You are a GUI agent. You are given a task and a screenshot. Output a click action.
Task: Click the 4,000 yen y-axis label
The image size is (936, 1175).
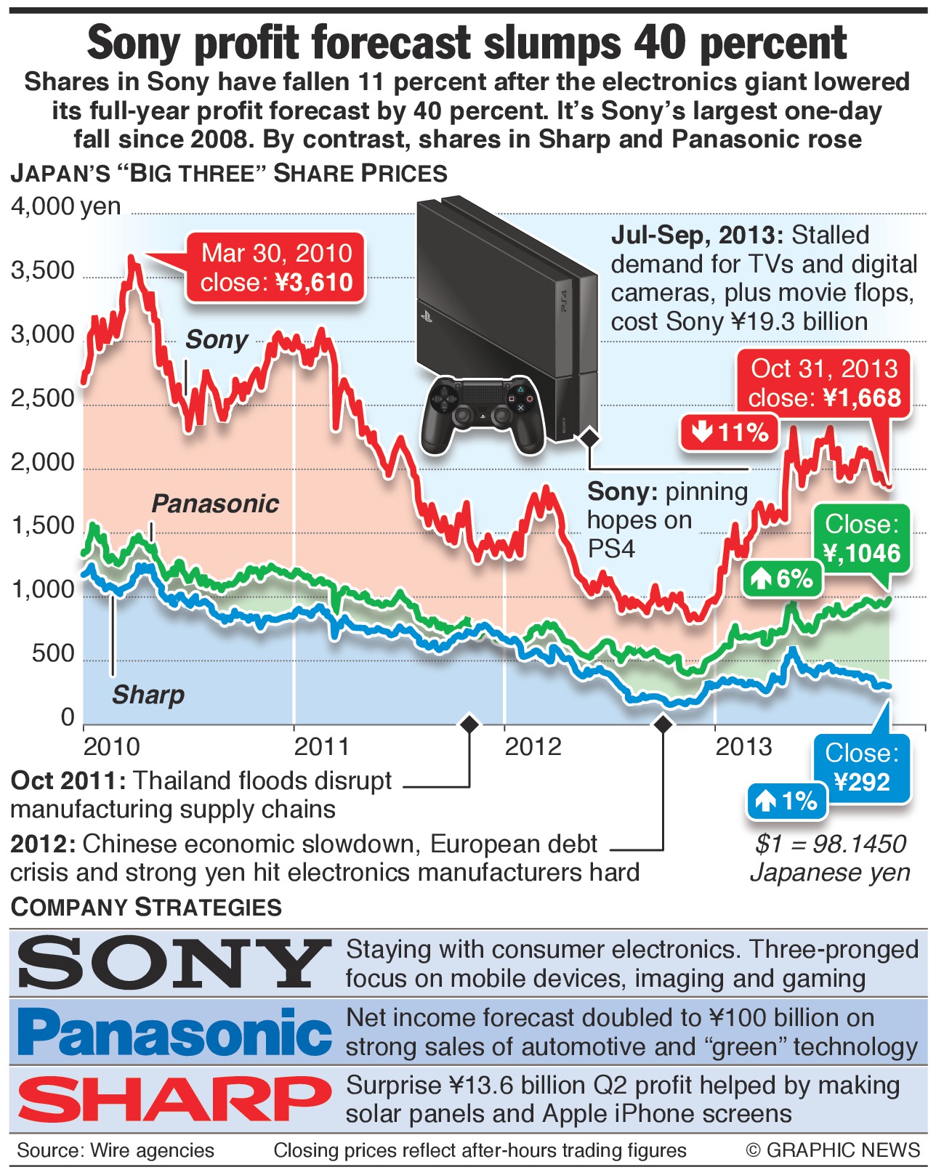(65, 206)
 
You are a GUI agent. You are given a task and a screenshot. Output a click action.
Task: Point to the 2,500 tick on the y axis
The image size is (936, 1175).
(43, 398)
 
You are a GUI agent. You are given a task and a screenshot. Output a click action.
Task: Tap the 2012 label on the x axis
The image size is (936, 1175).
(533, 746)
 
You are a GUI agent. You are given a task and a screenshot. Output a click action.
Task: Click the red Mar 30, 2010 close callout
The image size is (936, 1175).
(275, 267)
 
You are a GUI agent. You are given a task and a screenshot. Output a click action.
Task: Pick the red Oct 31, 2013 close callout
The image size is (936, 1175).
(824, 383)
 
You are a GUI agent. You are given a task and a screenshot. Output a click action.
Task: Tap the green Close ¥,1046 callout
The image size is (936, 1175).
(862, 538)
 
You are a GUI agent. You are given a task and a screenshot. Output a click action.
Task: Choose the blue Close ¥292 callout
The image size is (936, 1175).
(862, 767)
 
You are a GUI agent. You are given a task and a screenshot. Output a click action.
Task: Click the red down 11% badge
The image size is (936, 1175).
(730, 432)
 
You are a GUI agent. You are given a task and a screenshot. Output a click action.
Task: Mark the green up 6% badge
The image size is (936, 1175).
(782, 578)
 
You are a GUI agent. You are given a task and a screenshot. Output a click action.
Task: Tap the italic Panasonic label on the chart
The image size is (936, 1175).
(215, 504)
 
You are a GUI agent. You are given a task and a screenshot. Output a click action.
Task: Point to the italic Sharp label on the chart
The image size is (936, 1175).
(148, 695)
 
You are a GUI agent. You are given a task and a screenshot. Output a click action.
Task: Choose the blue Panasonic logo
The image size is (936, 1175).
(174, 1032)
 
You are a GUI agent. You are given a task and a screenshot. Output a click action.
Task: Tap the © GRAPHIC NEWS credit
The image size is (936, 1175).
(833, 1150)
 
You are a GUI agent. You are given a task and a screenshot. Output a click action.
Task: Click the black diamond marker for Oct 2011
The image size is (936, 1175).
(469, 724)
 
